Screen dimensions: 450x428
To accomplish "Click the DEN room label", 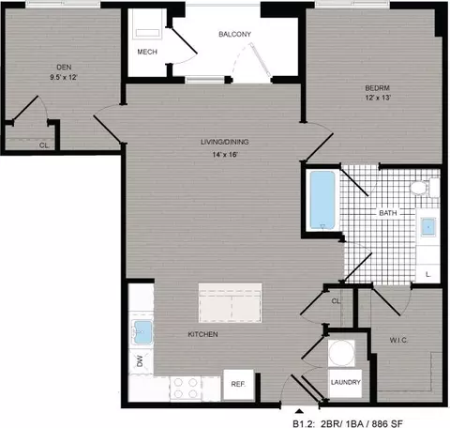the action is (64, 68).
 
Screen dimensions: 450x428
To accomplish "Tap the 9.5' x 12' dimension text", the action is (64, 77).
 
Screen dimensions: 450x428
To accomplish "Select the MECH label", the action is (147, 52).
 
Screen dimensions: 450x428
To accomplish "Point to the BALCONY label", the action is (234, 34).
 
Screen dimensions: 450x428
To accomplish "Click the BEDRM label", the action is (378, 88).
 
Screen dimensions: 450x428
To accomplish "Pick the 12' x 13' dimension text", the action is (378, 98).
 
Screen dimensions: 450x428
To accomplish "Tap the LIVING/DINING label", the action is (225, 142).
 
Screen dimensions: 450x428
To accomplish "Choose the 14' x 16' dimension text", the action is (225, 155).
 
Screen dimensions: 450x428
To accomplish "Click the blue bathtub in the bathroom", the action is (322, 200).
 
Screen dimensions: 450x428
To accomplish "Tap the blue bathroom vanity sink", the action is (428, 226).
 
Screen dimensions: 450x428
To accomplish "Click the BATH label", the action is (388, 213).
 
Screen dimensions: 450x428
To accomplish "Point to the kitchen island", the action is (231, 303).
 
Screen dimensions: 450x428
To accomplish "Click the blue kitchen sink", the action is (142, 332).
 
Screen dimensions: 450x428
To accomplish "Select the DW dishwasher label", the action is (140, 361).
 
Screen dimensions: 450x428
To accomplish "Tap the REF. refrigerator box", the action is (238, 385).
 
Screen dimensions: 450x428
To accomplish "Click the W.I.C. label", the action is (398, 340).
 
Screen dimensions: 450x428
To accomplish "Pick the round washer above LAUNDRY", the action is (341, 353).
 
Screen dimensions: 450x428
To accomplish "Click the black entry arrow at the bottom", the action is (299, 411).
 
